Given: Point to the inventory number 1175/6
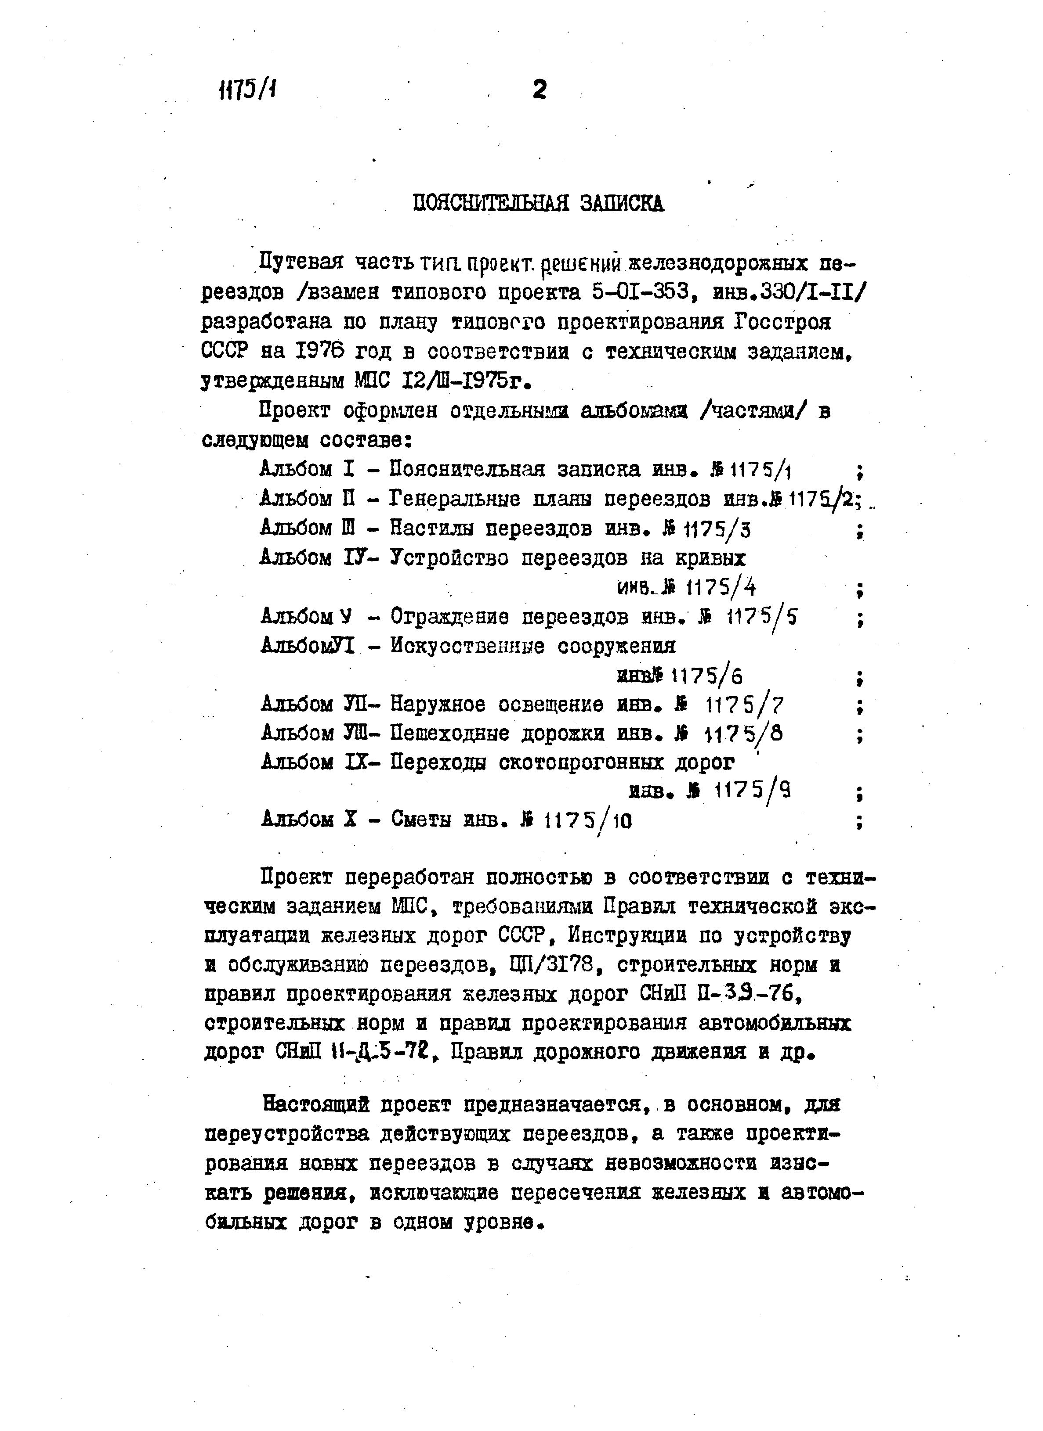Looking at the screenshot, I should (x=706, y=676).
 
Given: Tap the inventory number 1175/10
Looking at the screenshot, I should (x=588, y=821).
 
